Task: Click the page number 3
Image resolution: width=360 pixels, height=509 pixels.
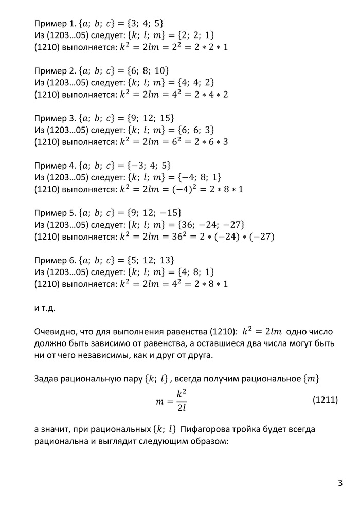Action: click(340, 483)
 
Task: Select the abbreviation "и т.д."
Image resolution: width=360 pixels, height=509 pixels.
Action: click(44, 308)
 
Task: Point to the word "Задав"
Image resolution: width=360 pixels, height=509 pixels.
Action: click(47, 379)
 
